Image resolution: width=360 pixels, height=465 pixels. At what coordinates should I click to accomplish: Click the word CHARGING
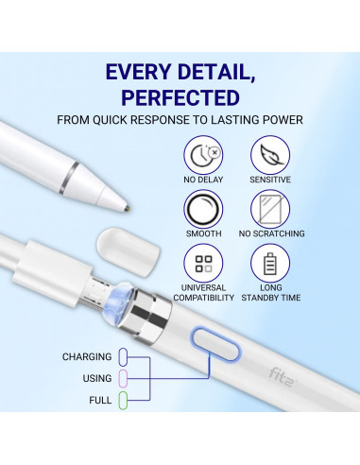87,357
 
